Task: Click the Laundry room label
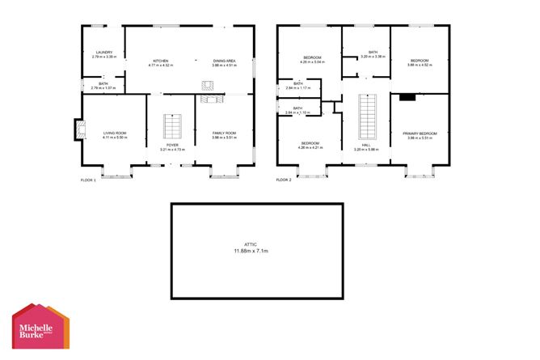[102, 54]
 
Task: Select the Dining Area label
[224, 62]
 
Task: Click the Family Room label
[224, 135]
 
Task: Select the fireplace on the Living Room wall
[78, 130]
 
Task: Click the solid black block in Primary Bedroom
[407, 96]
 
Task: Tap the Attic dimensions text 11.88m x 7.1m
[256, 248]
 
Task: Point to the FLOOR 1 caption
[88, 180]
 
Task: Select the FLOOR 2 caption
[284, 180]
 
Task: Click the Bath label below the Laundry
[103, 85]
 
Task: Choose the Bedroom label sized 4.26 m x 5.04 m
[312, 59]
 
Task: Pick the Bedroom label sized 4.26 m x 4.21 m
[310, 146]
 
